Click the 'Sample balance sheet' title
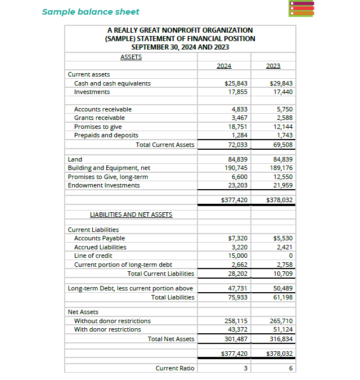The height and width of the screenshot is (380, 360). pyautogui.click(x=91, y=11)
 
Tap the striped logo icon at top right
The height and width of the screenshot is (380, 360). pyautogui.click(x=301, y=8)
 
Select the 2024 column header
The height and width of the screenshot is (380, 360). pyautogui.click(x=224, y=66)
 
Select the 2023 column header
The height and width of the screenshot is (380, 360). pyautogui.click(x=273, y=66)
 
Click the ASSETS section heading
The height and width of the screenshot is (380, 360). pyautogui.click(x=131, y=57)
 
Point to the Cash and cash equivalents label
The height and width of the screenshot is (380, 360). pyautogui.click(x=112, y=83)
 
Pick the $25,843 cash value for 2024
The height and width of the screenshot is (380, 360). pyautogui.click(x=236, y=83)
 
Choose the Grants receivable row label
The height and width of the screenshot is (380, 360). pyautogui.click(x=100, y=118)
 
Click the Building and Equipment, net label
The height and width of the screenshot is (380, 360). pyautogui.click(x=109, y=168)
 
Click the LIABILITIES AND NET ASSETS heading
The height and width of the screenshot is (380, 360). pyautogui.click(x=131, y=214)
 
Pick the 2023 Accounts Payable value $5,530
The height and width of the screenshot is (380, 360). pyautogui.click(x=283, y=238)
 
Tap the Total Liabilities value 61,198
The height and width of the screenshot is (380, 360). pyautogui.click(x=282, y=297)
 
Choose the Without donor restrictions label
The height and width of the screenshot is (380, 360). pyautogui.click(x=112, y=321)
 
